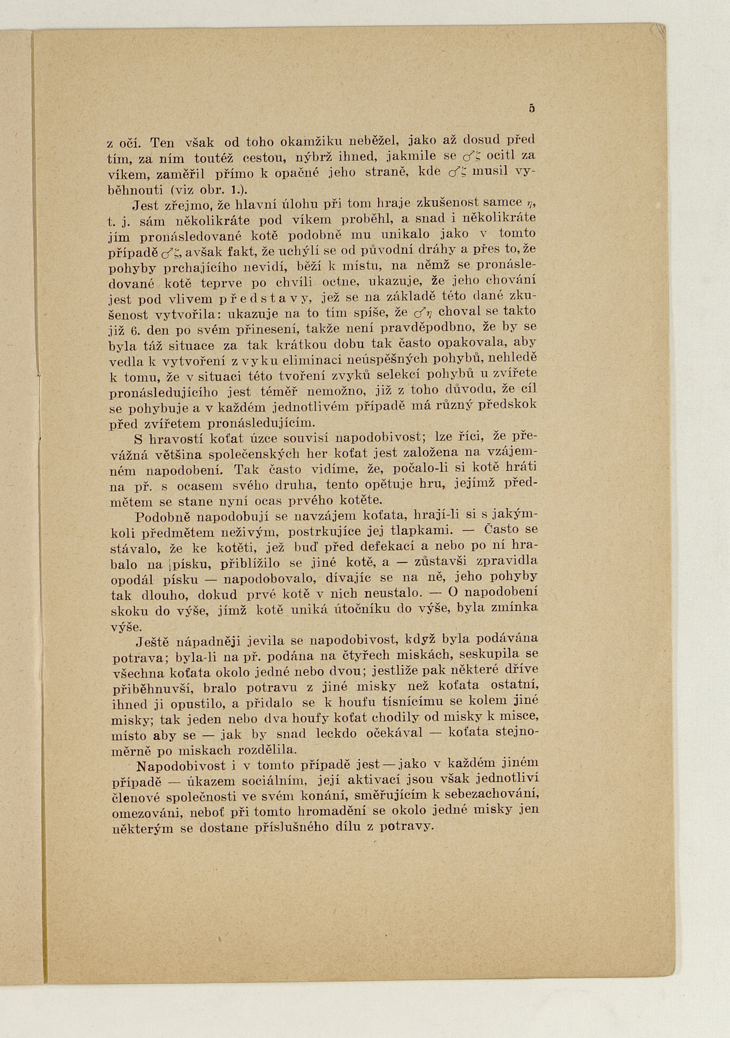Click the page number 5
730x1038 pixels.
tap(532, 109)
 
